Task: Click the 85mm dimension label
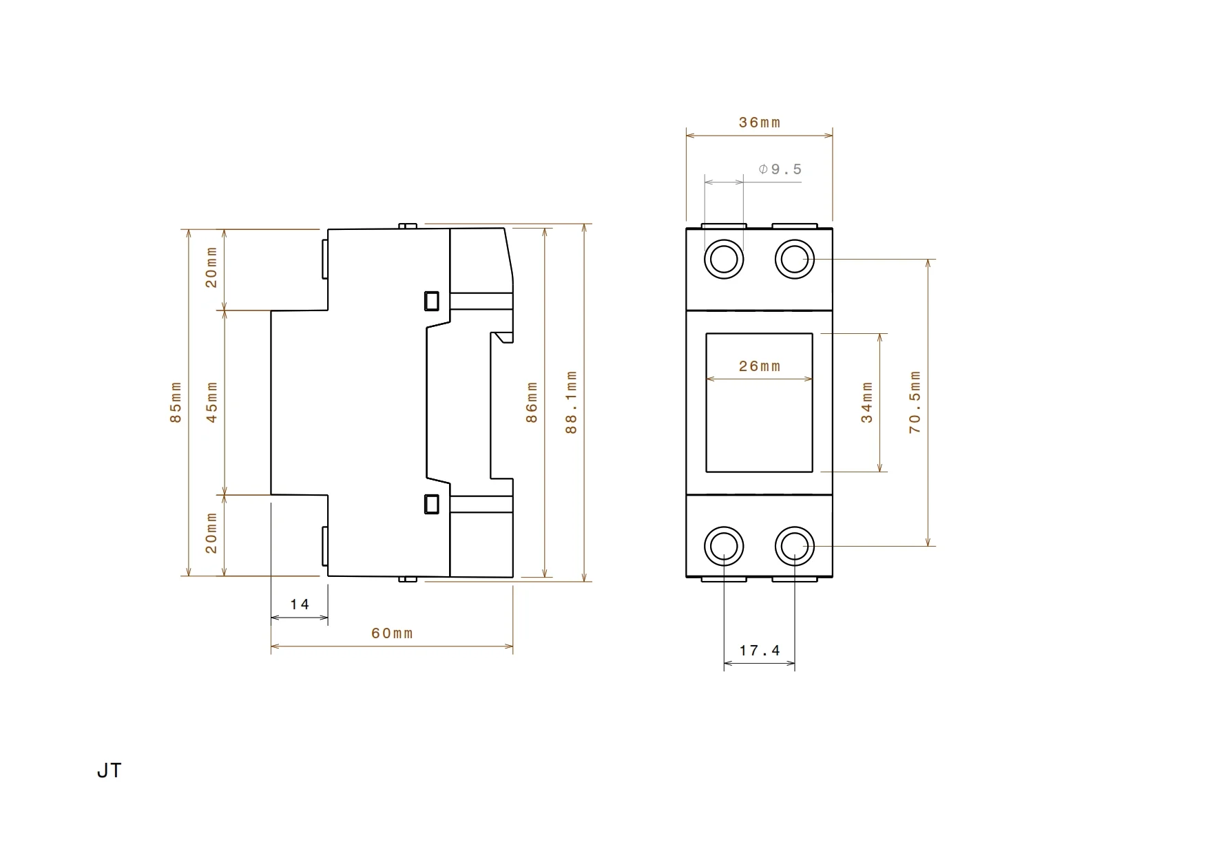(176, 402)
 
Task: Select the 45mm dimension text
(212, 402)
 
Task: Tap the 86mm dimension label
(532, 402)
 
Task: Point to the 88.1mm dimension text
(572, 402)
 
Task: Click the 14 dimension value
(300, 604)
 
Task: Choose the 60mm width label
(392, 633)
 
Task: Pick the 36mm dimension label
(760, 123)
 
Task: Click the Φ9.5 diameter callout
(780, 169)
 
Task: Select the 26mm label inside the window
(760, 366)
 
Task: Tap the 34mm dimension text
(867, 402)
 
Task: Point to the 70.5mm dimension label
(915, 402)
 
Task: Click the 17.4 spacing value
(760, 651)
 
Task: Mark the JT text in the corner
(109, 771)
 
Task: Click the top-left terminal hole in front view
(724, 260)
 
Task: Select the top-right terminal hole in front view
(795, 260)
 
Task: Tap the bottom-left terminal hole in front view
(724, 547)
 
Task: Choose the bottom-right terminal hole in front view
(795, 547)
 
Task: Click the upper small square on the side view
(432, 301)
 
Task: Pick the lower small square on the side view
(432, 504)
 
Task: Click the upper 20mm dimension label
(212, 268)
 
